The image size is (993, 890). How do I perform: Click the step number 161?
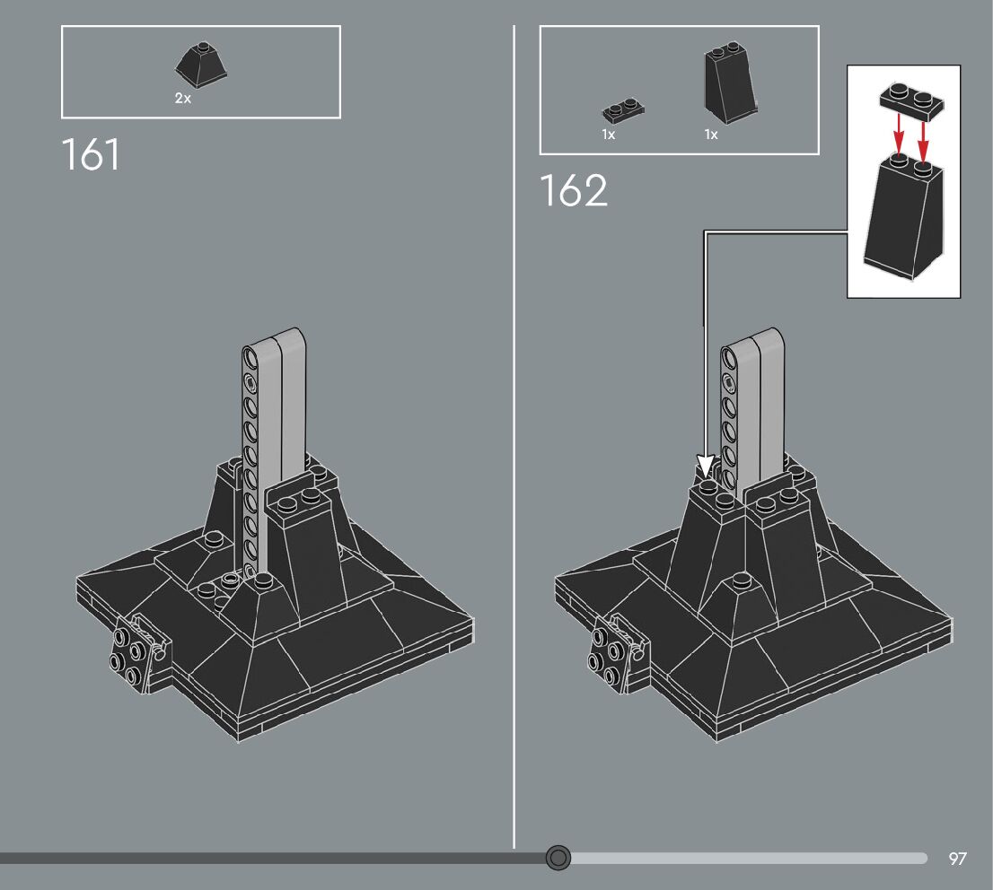click(x=91, y=155)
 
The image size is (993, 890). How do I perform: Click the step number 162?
click(x=574, y=191)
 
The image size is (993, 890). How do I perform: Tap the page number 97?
click(x=958, y=859)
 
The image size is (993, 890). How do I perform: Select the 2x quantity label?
click(x=183, y=99)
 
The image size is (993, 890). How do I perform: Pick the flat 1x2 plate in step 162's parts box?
click(x=624, y=110)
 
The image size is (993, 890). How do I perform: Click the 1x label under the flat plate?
click(x=609, y=135)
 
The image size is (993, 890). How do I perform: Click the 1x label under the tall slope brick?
click(x=711, y=135)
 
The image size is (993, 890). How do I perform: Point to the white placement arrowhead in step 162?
click(x=706, y=466)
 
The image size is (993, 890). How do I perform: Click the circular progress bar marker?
click(x=558, y=858)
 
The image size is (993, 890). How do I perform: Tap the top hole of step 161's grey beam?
click(x=250, y=360)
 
